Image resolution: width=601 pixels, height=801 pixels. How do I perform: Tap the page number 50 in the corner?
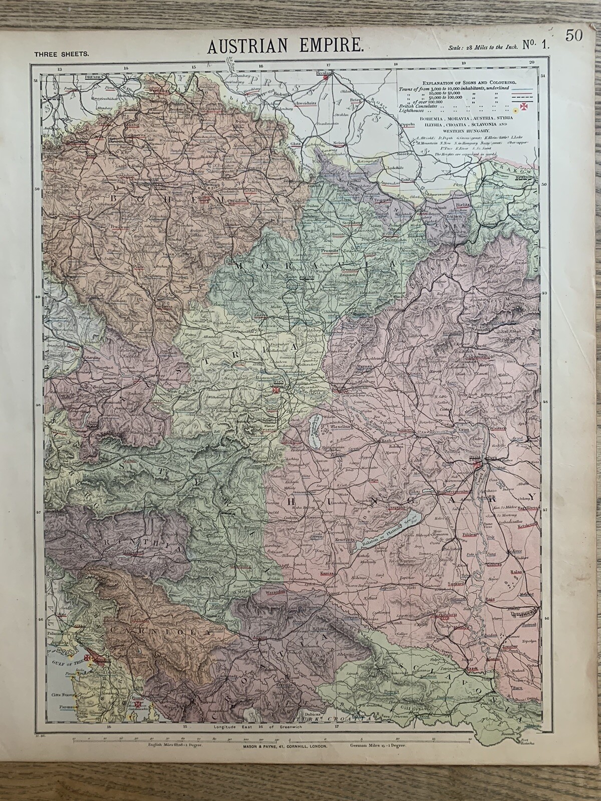pyautogui.click(x=574, y=36)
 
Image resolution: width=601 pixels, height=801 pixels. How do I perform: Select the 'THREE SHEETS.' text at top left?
pyautogui.click(x=62, y=53)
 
